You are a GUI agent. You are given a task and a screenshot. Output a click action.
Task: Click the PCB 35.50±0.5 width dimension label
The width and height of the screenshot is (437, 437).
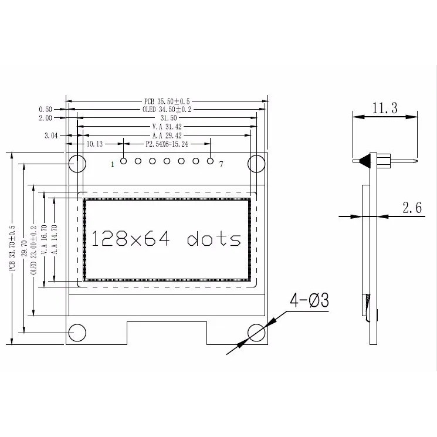click(167, 101)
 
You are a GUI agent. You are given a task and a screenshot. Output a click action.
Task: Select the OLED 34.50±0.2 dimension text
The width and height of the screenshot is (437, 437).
click(167, 110)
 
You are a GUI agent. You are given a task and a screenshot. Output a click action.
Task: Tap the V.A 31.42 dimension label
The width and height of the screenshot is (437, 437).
click(167, 127)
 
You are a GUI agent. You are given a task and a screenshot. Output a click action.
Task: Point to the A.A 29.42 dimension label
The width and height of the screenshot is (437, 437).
click(167, 135)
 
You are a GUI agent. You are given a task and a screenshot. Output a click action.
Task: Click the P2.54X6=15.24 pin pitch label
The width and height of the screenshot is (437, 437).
click(167, 144)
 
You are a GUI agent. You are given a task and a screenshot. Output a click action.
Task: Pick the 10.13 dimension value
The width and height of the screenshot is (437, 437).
click(94, 144)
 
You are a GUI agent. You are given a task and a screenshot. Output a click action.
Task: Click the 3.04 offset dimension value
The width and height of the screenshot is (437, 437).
click(51, 135)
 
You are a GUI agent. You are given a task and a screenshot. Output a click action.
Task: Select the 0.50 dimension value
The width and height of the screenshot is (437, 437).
click(45, 110)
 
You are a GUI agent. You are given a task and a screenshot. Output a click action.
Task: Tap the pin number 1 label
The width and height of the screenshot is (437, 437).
click(113, 164)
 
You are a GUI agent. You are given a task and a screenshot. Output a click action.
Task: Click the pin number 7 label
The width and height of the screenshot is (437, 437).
click(221, 164)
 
